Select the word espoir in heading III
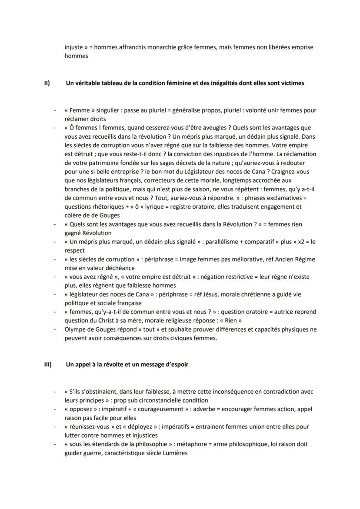tap(178, 365)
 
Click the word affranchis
tap(140, 47)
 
